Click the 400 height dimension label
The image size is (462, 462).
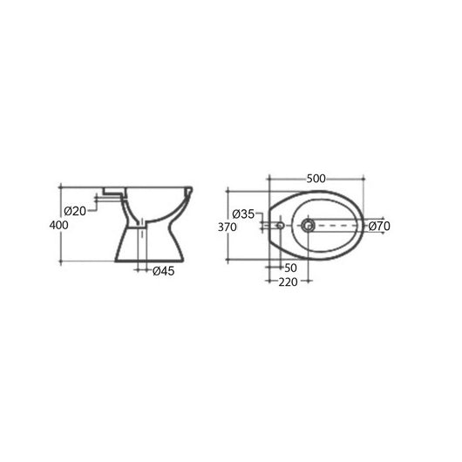58,224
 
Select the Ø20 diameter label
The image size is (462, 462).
75,211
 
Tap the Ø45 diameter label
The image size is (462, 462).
163,270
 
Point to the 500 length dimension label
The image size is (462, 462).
316,180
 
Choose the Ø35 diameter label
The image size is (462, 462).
244,214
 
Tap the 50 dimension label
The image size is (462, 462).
290,268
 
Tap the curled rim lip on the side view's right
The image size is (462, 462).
189,191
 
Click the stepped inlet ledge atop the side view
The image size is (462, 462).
112,189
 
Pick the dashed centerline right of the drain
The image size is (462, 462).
340,226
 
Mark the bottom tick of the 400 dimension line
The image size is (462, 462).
60,262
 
